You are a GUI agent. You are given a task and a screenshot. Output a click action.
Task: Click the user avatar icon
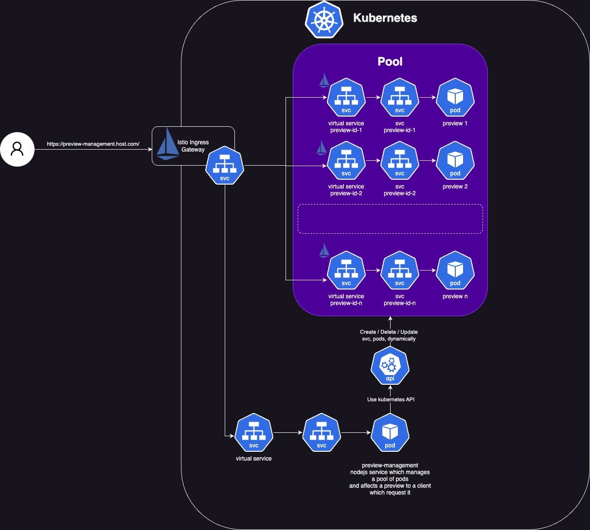coord(17,149)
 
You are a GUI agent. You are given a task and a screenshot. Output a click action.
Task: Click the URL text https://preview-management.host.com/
coord(93,144)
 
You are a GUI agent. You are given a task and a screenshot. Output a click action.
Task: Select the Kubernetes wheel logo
coord(324,19)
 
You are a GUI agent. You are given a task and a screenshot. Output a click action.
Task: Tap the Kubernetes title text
coord(385,18)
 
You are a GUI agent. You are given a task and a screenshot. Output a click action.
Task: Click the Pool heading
coord(390,62)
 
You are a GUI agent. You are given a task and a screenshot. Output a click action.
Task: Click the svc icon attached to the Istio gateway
coord(225,166)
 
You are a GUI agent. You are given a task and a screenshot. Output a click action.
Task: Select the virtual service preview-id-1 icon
coord(346,98)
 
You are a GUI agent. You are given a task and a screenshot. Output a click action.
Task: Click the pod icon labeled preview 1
coord(455,98)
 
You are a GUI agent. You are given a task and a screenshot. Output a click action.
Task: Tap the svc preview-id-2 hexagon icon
coord(399,161)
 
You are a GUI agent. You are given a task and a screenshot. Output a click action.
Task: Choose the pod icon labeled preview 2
coord(455,161)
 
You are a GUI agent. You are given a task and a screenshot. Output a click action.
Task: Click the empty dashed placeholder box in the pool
coord(390,219)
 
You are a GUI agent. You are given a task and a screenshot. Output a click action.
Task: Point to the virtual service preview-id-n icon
coord(346,271)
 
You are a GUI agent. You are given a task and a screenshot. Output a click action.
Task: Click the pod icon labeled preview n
coord(455,271)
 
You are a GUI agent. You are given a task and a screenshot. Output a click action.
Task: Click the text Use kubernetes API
coord(391,399)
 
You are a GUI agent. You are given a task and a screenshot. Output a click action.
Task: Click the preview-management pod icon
coord(390,433)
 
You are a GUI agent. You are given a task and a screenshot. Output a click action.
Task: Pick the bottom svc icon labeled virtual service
coord(253,433)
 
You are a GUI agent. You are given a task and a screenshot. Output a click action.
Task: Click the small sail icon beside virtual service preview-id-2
coord(322,148)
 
